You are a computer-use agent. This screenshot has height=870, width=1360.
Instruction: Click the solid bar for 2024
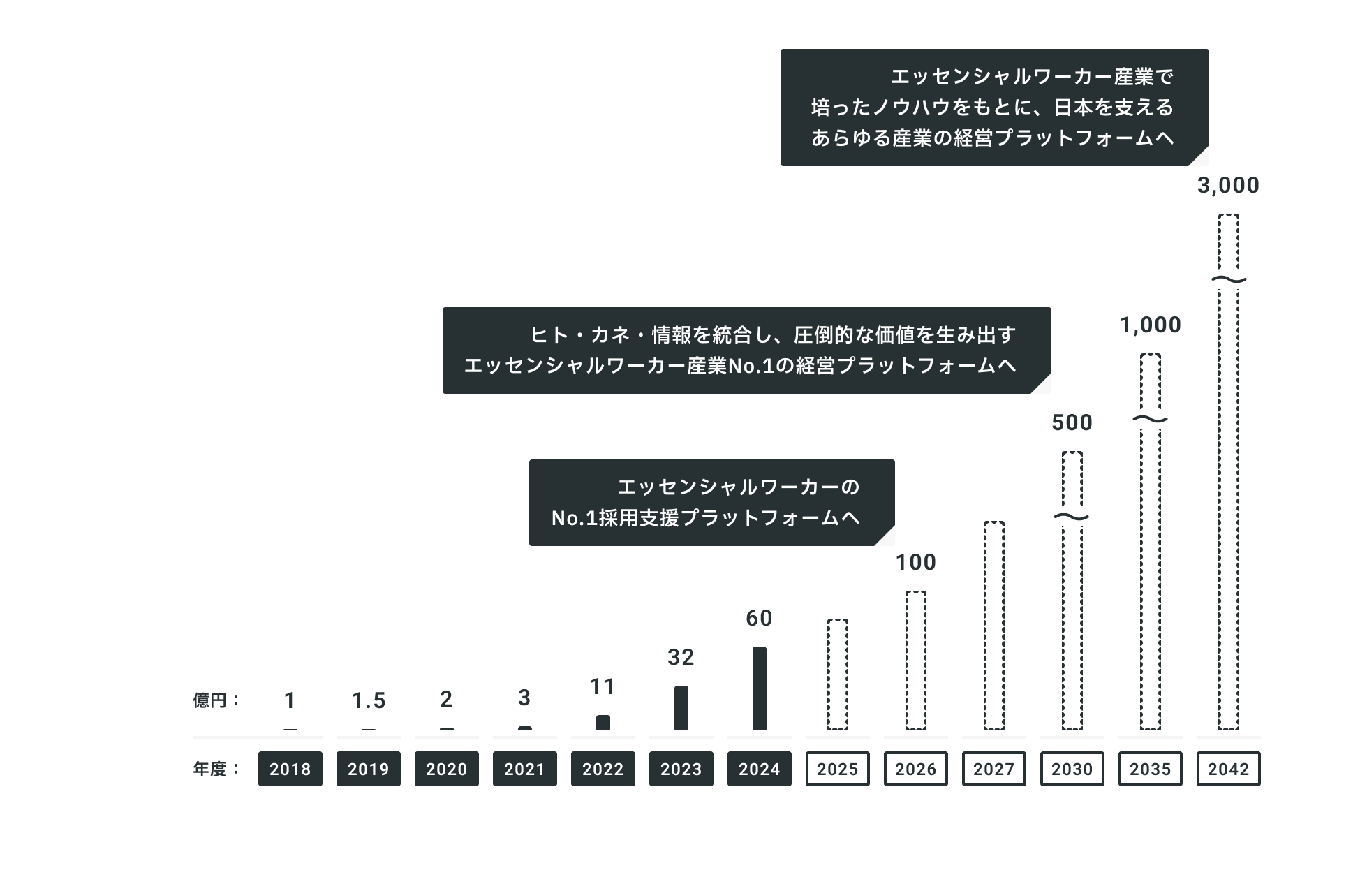(x=759, y=688)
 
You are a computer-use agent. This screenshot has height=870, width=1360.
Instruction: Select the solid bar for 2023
(x=681, y=708)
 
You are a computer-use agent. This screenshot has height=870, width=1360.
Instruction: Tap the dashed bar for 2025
(x=837, y=674)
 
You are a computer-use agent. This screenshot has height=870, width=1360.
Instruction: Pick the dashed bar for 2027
(x=993, y=626)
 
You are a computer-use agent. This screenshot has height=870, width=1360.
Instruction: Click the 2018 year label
(x=290, y=769)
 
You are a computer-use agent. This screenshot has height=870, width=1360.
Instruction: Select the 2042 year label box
(x=1228, y=769)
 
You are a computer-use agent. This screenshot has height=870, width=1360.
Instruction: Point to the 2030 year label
(x=1072, y=769)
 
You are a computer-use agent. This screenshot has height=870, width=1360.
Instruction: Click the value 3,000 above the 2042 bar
(x=1228, y=186)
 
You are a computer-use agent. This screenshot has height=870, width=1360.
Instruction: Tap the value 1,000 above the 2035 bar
(x=1150, y=325)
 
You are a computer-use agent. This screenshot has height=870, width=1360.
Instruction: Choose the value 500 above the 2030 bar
(x=1072, y=423)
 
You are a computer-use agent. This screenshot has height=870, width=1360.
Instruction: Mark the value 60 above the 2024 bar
(x=759, y=619)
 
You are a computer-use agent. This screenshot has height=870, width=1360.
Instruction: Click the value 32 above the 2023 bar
(x=681, y=658)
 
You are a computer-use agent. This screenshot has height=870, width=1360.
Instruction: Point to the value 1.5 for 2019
(x=368, y=701)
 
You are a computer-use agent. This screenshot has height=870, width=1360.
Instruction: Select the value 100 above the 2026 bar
(x=915, y=563)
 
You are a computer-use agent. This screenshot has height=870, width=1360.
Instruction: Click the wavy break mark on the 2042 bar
(x=1228, y=280)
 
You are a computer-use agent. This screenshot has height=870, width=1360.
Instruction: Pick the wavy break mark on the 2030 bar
(x=1072, y=517)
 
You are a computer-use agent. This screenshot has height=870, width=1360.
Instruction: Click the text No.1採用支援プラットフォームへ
(x=705, y=518)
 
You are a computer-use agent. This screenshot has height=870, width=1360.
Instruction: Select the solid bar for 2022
(x=603, y=723)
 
